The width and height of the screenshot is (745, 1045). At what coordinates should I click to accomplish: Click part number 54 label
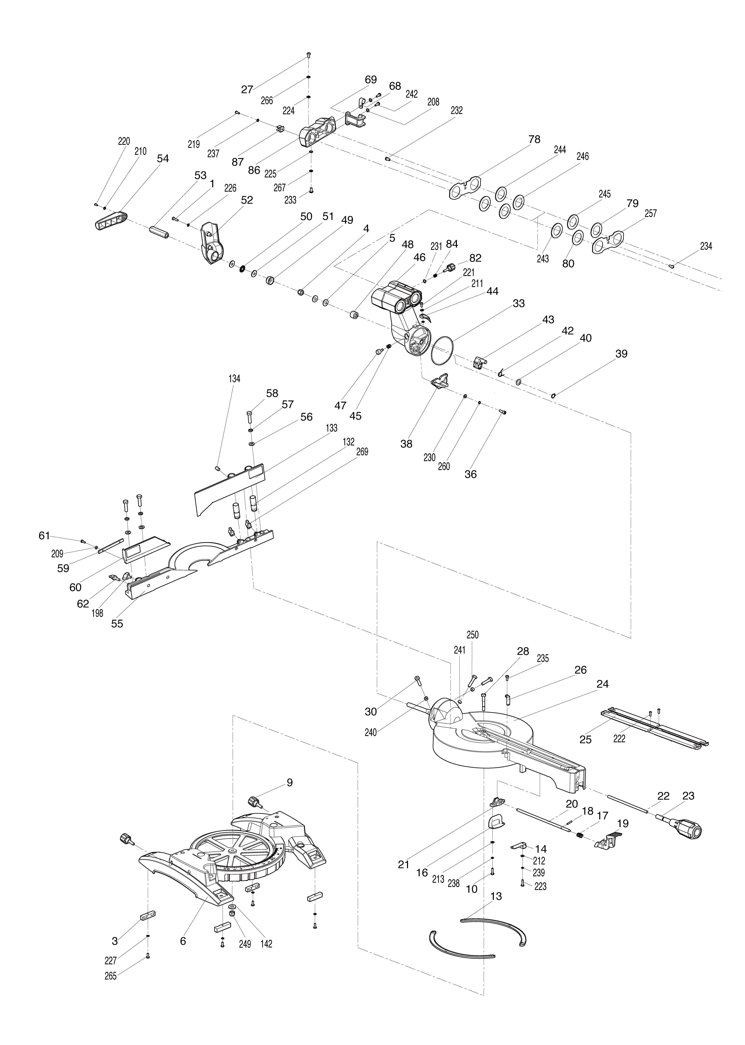pos(163,159)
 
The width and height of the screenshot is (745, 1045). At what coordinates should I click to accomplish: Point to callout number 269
pos(362,452)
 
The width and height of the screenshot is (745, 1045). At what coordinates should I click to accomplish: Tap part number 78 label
pos(534,139)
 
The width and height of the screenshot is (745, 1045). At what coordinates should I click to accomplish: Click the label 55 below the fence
pos(117,624)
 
